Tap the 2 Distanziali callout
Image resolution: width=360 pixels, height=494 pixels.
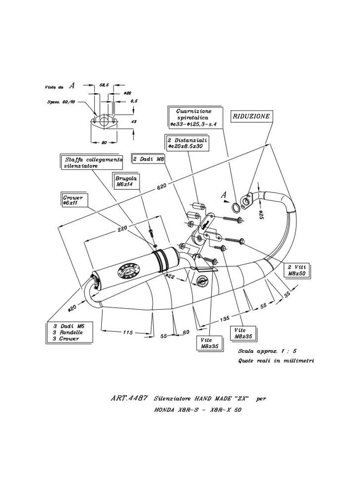188,144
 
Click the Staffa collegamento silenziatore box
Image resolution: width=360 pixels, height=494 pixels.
92,163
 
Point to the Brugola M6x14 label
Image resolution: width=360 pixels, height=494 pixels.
126,181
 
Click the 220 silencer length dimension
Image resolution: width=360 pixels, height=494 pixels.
123,228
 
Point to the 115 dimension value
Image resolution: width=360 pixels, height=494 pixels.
127,332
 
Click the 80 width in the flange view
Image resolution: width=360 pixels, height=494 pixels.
104,143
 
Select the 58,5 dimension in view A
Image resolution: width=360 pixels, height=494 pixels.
104,85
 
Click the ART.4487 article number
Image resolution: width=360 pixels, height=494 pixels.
127,398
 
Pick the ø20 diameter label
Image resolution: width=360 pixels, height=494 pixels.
72,307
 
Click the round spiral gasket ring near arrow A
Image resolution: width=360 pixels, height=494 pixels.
237,206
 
